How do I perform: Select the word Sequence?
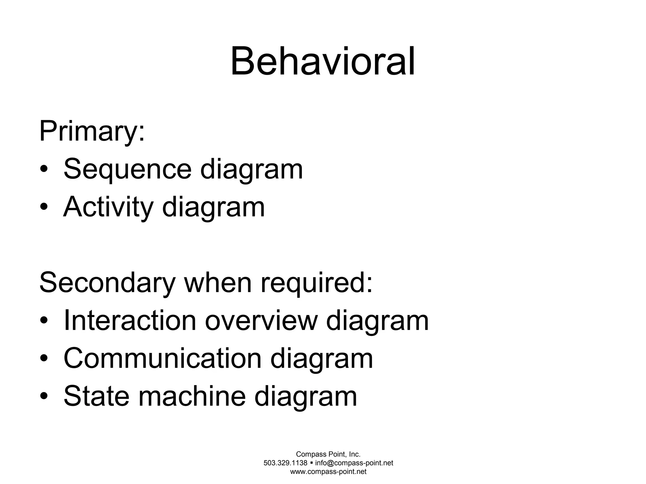[x=127, y=169]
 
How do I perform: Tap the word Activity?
[x=108, y=207]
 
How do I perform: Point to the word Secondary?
[x=107, y=283]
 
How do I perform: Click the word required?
[x=316, y=283]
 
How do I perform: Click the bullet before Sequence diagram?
[x=44, y=170]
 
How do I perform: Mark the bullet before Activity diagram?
[x=44, y=208]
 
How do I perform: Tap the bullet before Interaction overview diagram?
[x=44, y=321]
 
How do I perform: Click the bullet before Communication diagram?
[x=44, y=359]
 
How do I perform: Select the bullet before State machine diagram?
[x=44, y=397]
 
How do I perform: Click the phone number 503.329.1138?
[x=285, y=463]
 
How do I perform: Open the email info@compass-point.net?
[x=354, y=463]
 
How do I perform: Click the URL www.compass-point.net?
[x=328, y=472]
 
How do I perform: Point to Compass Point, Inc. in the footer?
[x=328, y=454]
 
